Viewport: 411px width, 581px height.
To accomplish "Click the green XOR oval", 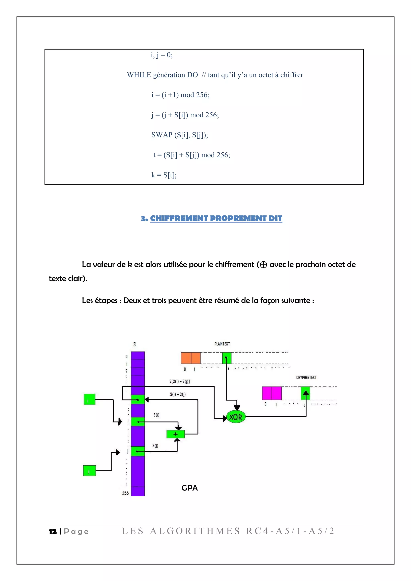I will point(236,417).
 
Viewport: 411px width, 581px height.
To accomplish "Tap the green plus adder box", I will point(176,434).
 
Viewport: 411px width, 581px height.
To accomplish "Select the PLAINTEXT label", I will point(222,344).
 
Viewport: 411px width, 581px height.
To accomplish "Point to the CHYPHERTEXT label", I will point(306,378).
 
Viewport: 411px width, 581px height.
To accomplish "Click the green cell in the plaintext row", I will point(227,358).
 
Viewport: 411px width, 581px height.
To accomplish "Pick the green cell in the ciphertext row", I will point(305,393).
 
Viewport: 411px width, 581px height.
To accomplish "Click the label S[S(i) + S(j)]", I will point(179,381).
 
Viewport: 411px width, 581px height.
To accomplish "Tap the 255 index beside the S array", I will point(125,493).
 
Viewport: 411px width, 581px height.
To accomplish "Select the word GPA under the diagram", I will point(190,488).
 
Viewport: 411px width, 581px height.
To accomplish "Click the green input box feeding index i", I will point(89,399).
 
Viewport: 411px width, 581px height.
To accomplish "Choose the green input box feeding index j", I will point(89,471).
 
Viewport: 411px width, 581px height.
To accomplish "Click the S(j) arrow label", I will point(155,446).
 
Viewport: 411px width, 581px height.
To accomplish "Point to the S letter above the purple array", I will point(134,344).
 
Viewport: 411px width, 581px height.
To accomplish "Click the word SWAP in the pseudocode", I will point(162,135).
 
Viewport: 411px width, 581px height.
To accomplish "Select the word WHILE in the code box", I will point(139,75).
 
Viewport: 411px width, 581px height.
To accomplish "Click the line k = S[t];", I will point(164,175).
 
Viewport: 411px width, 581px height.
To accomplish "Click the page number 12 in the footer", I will point(53,531).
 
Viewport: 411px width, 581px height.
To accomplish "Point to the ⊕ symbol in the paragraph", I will point(263,265).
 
